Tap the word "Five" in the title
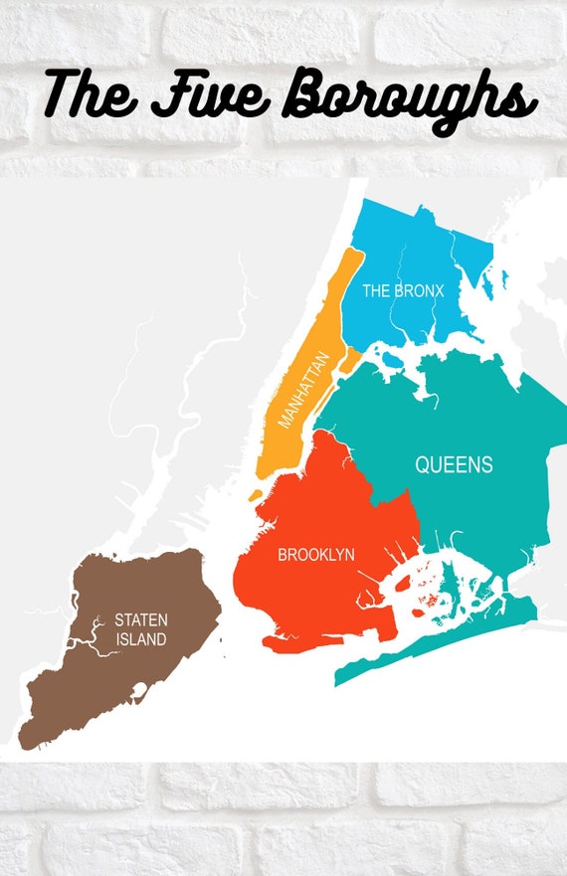210,94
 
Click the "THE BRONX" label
402,291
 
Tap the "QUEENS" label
454,464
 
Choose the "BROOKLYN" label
316,555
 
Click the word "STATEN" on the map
140,620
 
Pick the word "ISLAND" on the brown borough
140,639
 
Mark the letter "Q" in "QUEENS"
422,464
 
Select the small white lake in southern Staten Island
140,692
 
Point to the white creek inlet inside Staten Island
90,637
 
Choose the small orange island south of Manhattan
257,494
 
